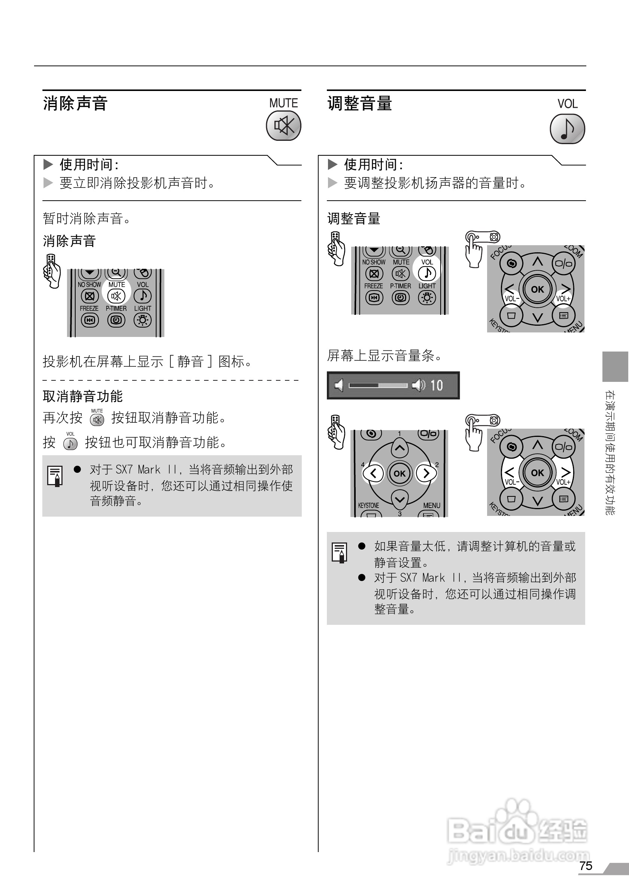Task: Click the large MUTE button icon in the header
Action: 284,126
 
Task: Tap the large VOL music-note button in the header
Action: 567,128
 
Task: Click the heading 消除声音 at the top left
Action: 75,104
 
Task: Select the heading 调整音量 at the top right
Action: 360,104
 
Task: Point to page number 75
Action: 586,866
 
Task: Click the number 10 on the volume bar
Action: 437,385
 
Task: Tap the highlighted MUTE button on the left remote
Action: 116,296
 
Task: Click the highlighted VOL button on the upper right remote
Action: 427,273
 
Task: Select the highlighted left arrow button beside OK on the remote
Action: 373,473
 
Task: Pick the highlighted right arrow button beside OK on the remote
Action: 426,473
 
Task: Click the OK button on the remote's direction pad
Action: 399,474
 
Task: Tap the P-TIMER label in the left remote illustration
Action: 116,308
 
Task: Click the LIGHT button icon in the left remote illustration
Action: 142,320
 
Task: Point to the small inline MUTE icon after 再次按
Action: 97,420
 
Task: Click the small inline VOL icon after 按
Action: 70,444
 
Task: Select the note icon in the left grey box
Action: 55,476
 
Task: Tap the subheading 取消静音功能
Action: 83,396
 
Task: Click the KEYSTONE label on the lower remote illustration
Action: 368,505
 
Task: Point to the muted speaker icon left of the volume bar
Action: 339,385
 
